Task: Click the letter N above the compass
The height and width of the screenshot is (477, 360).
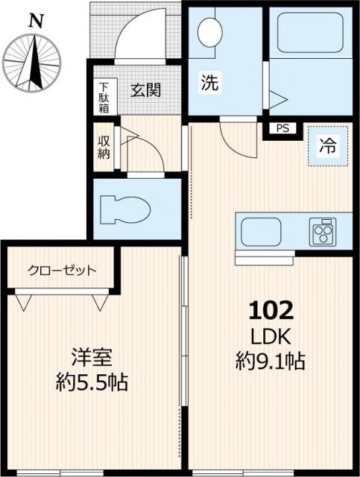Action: (34, 22)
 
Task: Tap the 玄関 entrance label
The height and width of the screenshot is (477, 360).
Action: (146, 90)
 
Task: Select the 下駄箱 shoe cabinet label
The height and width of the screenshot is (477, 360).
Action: (103, 98)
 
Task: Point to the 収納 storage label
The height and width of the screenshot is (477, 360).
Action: (103, 147)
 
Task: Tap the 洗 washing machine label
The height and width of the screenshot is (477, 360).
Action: (209, 83)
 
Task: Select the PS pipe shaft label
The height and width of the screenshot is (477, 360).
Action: (282, 127)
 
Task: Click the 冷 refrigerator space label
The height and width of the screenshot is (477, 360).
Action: (326, 147)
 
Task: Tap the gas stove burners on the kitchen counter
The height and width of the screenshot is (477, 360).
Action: (323, 230)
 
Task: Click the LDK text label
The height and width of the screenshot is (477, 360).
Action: (271, 336)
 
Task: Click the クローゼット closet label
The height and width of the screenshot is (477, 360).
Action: (62, 270)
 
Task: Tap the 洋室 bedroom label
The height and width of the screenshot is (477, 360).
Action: (92, 357)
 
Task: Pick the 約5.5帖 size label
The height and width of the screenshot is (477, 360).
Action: (92, 384)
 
